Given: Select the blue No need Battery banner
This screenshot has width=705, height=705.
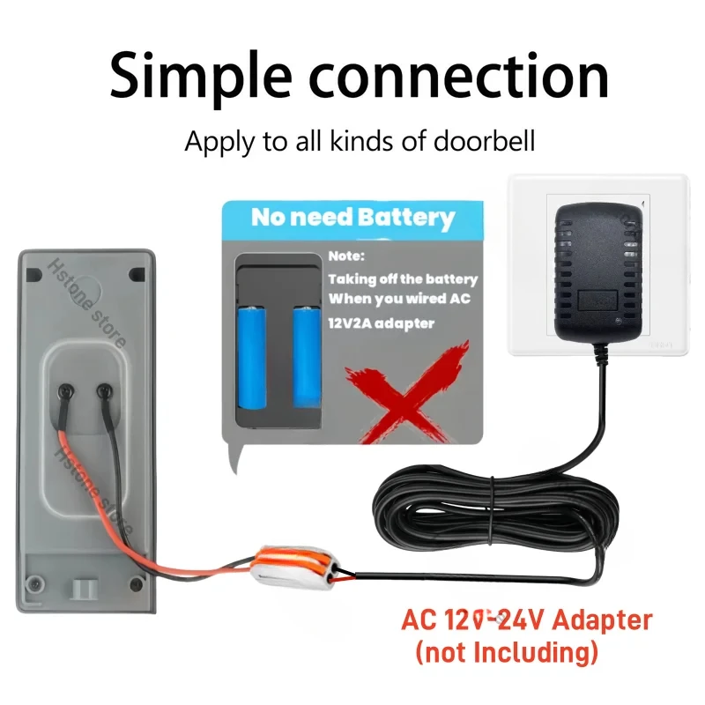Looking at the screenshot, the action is (352, 217).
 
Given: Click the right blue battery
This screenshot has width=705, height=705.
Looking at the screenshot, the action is (306, 357).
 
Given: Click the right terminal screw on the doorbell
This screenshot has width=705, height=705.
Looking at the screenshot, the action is (103, 390).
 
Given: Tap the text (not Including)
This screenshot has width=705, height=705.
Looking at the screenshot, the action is (507, 653).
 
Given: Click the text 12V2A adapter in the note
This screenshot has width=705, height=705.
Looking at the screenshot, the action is (381, 323).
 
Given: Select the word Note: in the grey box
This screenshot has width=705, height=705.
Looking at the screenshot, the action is (345, 256).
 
